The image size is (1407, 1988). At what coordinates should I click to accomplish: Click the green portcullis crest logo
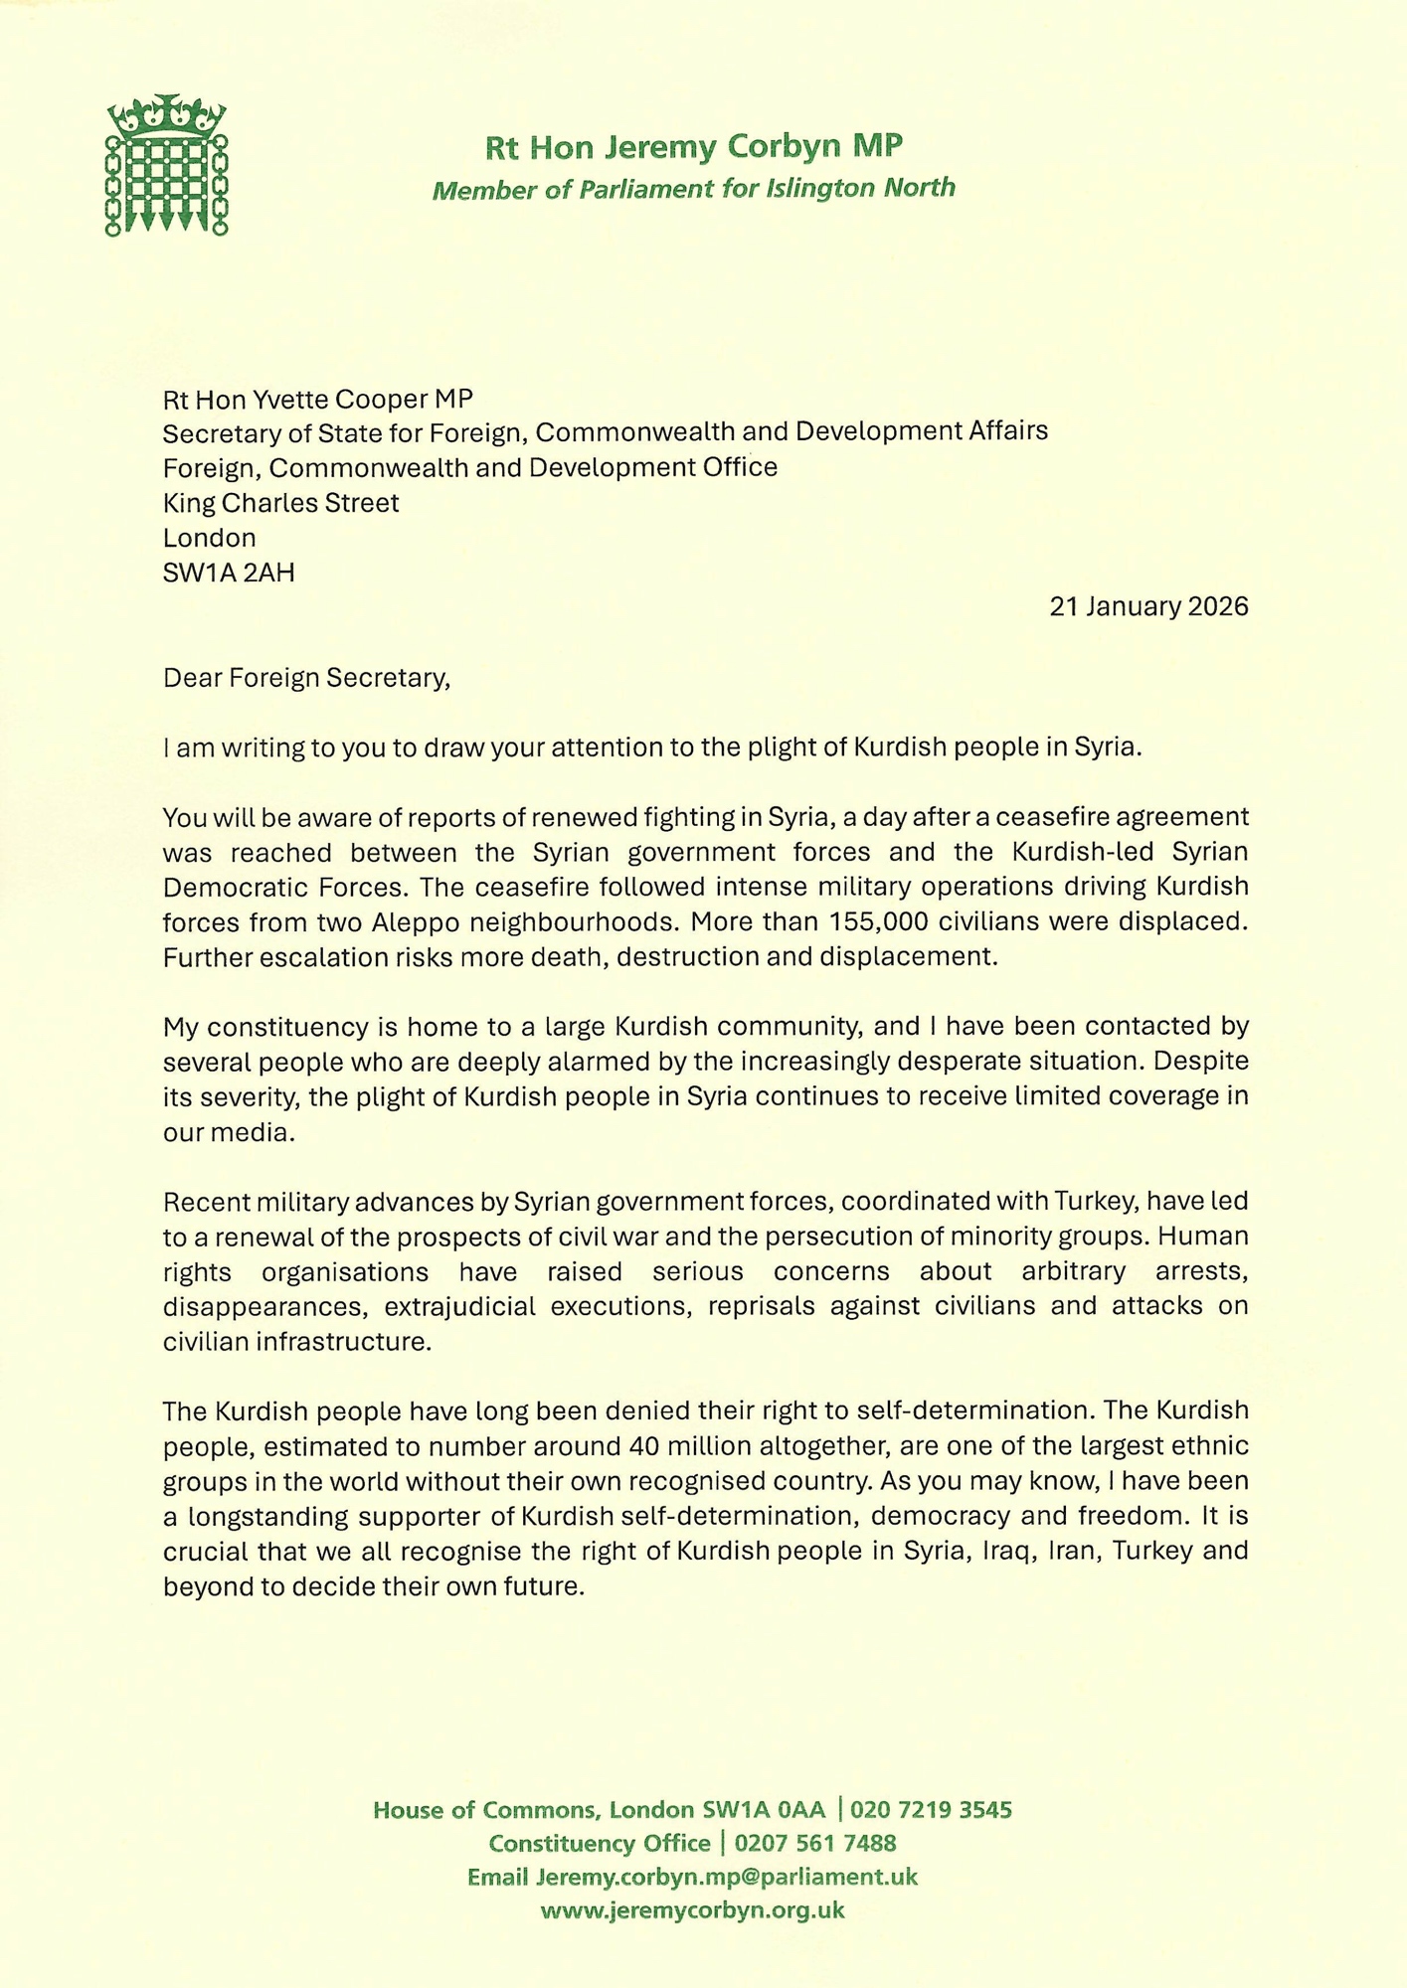(166, 166)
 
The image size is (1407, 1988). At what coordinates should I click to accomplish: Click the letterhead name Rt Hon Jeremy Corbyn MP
(693, 147)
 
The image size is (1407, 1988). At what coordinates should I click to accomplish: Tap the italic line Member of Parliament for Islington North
(693, 188)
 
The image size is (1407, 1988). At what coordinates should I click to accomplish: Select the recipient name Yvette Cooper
(313, 399)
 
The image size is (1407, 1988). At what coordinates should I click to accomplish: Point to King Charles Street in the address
(280, 503)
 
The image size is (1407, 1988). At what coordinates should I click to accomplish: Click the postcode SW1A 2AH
(229, 573)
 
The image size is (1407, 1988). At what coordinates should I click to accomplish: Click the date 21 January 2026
(1148, 606)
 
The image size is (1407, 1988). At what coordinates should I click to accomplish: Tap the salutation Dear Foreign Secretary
(306, 678)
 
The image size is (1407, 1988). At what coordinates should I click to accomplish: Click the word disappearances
(265, 1305)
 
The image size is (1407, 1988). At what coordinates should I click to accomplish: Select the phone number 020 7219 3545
(931, 1809)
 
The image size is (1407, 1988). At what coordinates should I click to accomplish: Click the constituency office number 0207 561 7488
(815, 1843)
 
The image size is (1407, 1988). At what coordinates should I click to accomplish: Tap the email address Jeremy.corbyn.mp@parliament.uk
(726, 1877)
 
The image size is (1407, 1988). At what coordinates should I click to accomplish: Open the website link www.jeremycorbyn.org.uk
(692, 1909)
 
